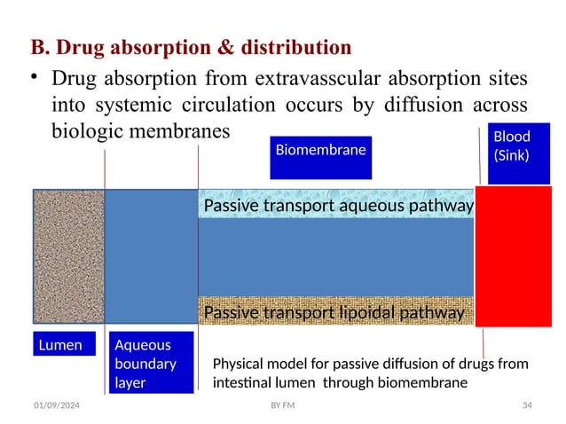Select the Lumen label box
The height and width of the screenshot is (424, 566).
64,345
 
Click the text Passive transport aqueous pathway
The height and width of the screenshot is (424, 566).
338,207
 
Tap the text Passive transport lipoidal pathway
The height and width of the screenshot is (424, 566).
334,313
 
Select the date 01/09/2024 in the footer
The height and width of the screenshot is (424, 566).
56,405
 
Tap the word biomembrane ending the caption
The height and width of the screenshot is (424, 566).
428,383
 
